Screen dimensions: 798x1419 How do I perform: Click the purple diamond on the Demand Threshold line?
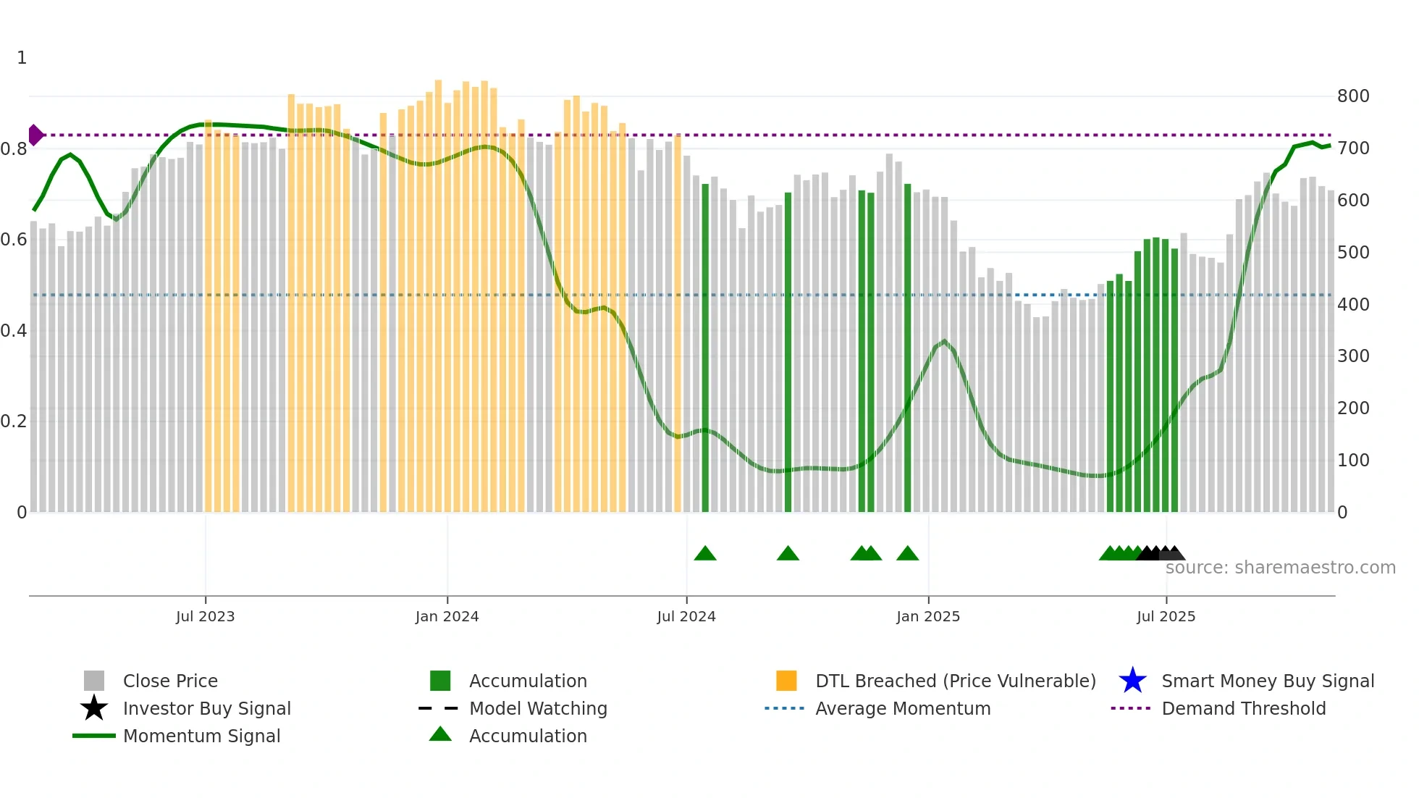click(35, 135)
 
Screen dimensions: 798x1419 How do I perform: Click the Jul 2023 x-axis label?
click(205, 616)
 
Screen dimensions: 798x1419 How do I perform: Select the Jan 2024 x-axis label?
click(447, 616)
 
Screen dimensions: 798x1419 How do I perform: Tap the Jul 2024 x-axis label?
click(686, 616)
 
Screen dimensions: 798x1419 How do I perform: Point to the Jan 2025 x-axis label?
click(928, 616)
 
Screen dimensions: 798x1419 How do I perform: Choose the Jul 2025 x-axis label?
click(1166, 616)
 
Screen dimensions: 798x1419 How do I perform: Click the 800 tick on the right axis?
click(1353, 96)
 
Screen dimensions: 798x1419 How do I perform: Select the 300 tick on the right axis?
click(1353, 356)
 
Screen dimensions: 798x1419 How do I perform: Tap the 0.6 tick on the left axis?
click(14, 240)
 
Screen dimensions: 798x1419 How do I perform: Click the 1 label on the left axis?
click(22, 58)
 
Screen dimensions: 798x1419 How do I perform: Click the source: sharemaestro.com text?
click(1280, 568)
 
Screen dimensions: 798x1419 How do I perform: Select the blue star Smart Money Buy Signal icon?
click(1132, 681)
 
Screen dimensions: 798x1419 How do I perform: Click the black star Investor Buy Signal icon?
click(94, 708)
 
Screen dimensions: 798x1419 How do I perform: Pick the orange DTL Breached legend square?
click(786, 681)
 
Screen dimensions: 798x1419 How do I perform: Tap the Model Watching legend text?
click(538, 708)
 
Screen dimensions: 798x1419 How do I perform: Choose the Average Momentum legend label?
click(903, 708)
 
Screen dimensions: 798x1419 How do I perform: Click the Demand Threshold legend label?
click(1243, 708)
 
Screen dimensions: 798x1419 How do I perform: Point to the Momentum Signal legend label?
click(201, 736)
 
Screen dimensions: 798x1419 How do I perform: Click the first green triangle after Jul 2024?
click(705, 554)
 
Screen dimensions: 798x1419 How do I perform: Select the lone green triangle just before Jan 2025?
click(907, 554)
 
